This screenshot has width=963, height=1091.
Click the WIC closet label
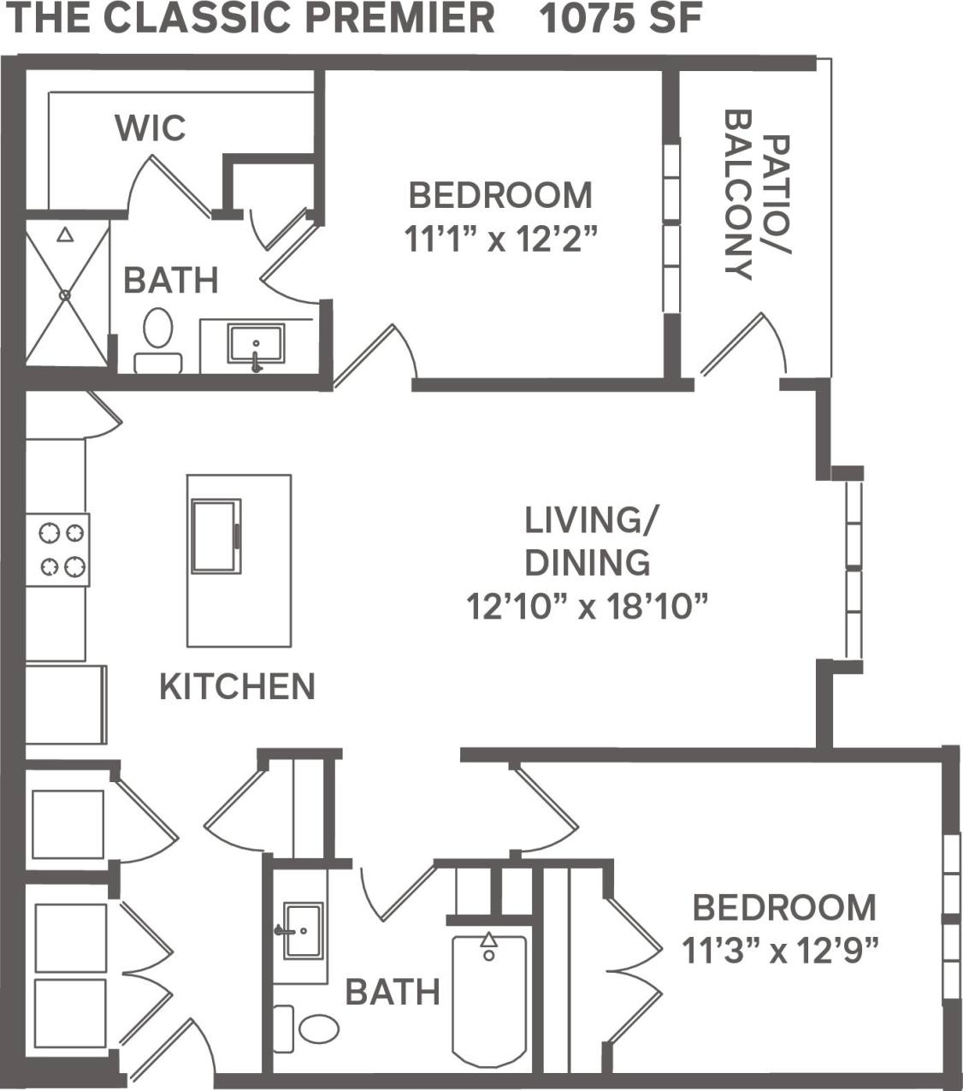tap(151, 128)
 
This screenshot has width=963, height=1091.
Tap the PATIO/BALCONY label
tap(756, 195)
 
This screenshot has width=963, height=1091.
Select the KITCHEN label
tap(238, 687)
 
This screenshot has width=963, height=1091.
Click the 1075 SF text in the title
tap(621, 19)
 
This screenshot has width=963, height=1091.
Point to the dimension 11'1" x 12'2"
tap(500, 241)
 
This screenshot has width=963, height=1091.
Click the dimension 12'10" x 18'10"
tap(588, 608)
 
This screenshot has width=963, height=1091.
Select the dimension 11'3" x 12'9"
tap(782, 950)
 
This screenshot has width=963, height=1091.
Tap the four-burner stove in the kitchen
tap(57, 549)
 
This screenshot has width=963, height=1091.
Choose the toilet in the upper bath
tap(157, 339)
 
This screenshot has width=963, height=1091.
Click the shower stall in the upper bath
tap(67, 293)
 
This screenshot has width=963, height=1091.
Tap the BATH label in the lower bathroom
tap(393, 993)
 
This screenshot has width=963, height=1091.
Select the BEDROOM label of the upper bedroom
tap(500, 196)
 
